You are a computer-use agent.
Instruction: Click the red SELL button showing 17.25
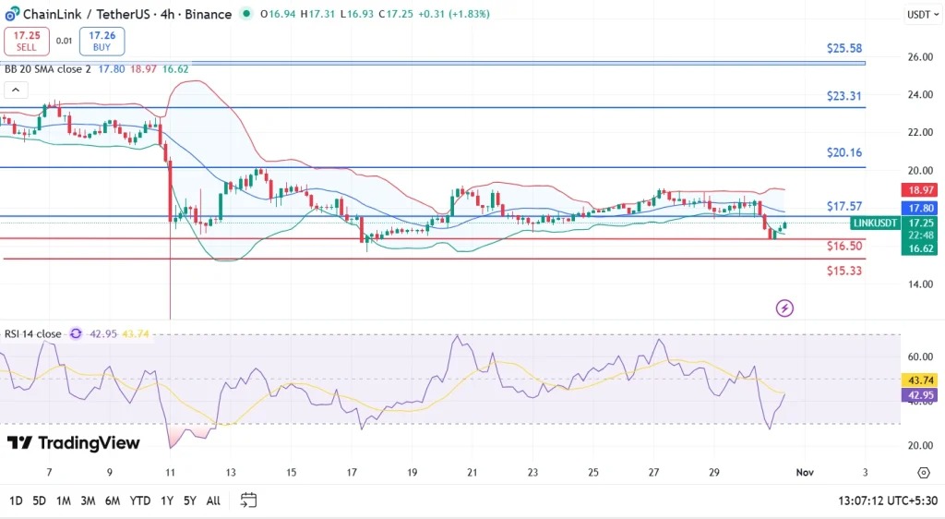click(x=25, y=41)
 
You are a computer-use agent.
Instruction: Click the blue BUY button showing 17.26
click(x=102, y=41)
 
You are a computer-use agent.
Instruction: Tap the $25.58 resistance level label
click(x=844, y=48)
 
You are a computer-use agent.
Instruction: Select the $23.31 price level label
click(x=844, y=95)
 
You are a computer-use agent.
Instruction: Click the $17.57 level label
click(x=844, y=207)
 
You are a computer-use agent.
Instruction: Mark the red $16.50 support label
click(x=844, y=247)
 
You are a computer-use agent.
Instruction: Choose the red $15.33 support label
click(x=844, y=271)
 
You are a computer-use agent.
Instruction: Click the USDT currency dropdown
click(x=921, y=14)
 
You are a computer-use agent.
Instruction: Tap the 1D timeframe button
click(x=17, y=501)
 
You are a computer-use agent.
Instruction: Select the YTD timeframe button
click(x=140, y=501)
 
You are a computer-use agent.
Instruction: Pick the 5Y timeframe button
click(x=189, y=501)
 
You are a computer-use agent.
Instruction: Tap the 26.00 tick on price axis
click(x=920, y=57)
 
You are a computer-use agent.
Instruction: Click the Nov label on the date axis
click(x=804, y=473)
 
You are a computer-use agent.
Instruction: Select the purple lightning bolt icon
click(x=785, y=308)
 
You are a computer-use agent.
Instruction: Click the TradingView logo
click(x=74, y=443)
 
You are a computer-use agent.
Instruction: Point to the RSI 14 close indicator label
click(x=34, y=333)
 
